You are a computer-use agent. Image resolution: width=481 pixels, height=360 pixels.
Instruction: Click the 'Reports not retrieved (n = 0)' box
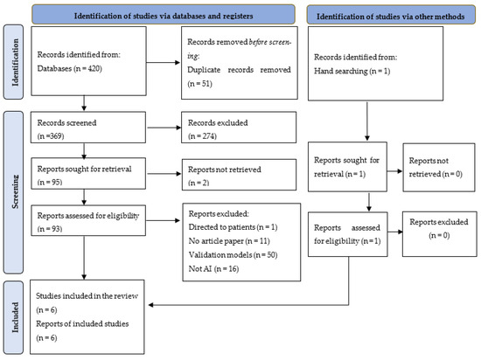(x=436, y=191)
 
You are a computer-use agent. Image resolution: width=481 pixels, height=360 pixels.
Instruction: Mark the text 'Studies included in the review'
(x=80, y=295)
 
